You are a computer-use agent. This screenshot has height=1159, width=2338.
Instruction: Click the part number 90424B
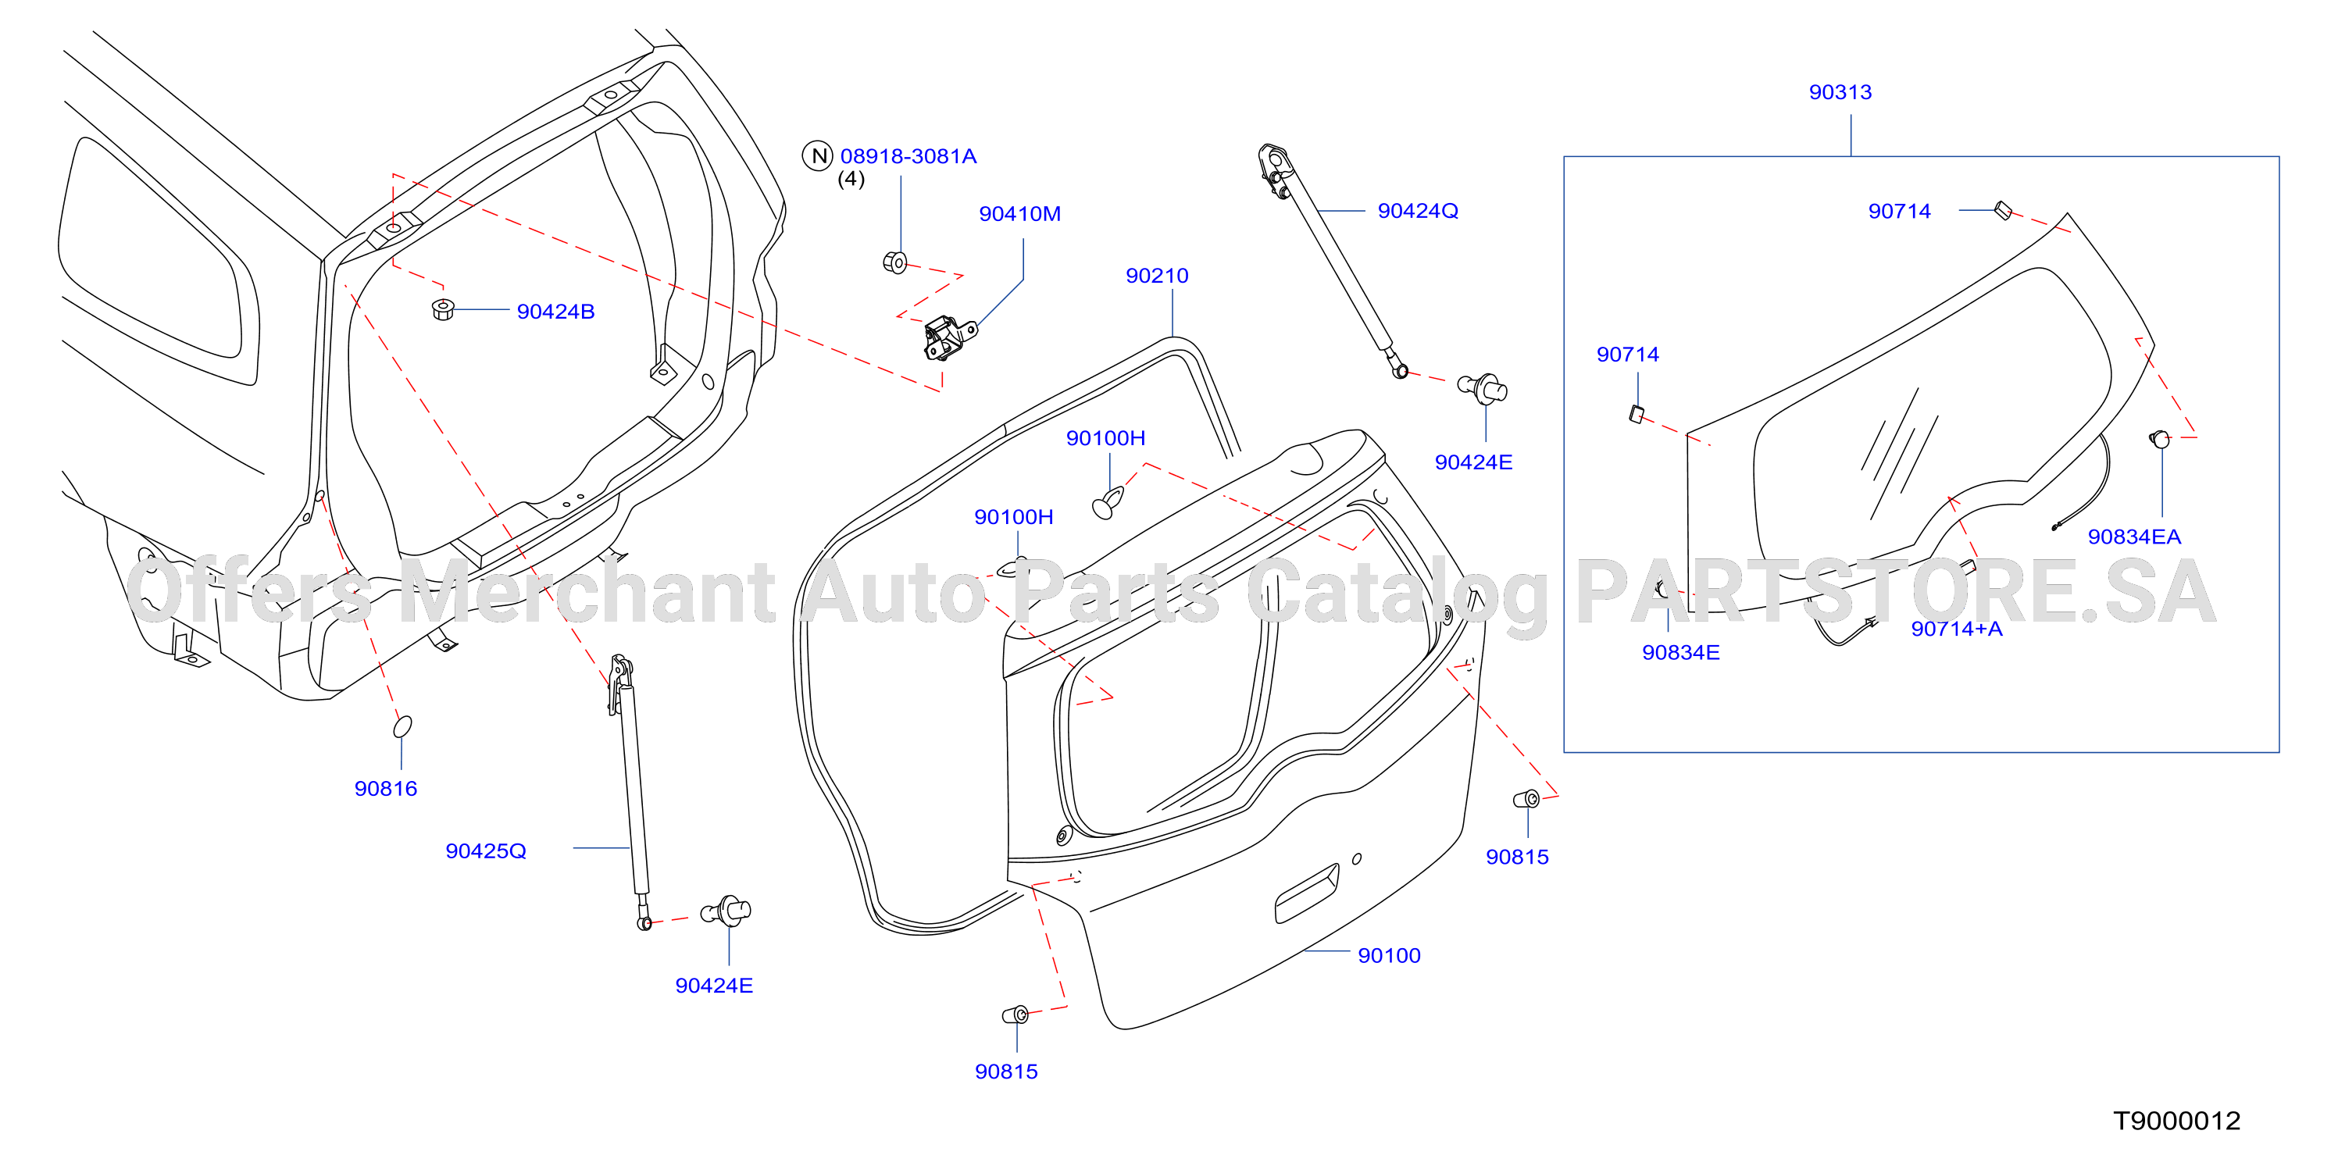[x=555, y=312]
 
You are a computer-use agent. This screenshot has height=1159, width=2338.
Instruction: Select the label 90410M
[x=1019, y=214]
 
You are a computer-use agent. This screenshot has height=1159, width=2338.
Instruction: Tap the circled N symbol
[x=818, y=156]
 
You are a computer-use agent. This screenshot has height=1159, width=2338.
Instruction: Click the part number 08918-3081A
[x=908, y=156]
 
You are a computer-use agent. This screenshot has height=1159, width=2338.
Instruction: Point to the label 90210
[x=1156, y=276]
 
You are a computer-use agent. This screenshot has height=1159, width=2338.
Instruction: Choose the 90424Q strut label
[x=1418, y=211]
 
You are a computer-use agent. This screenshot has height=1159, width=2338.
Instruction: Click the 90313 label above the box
[x=1840, y=91]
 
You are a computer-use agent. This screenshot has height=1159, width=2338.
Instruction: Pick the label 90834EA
[x=2134, y=537]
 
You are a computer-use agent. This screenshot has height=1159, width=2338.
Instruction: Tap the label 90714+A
[x=1956, y=629]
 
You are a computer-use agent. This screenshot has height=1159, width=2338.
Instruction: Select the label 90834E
[x=1680, y=653]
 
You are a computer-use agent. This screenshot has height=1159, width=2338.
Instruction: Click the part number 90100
[x=1389, y=956]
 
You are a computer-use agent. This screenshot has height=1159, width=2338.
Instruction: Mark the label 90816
[x=386, y=789]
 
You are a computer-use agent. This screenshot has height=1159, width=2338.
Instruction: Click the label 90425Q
[x=486, y=851]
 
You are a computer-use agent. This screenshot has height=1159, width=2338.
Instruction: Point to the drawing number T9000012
[x=2176, y=1121]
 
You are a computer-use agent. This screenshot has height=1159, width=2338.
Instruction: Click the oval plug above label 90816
[x=402, y=726]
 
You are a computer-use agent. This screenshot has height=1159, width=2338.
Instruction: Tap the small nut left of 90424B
[x=442, y=308]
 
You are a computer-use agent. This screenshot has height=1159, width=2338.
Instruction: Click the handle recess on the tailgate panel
[x=1307, y=893]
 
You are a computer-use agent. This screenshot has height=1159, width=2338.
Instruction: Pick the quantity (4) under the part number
[x=851, y=180]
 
